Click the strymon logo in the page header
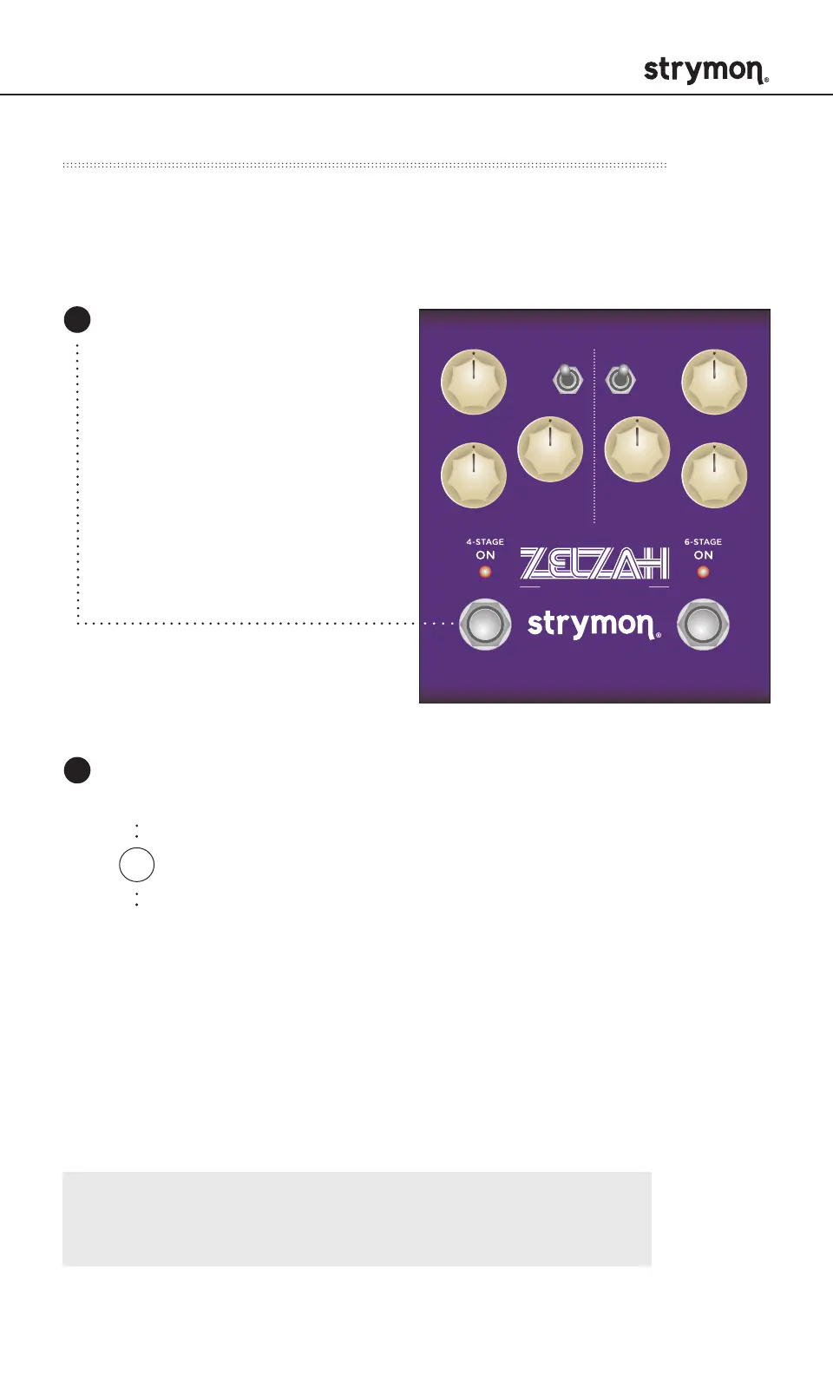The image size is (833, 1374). [705, 71]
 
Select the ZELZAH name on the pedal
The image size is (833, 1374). [594, 564]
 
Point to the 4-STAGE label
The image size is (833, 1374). [485, 541]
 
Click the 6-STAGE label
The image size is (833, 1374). [703, 541]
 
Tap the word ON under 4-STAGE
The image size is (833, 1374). [485, 555]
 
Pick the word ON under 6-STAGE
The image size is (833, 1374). [703, 555]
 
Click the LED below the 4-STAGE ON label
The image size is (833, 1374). [485, 572]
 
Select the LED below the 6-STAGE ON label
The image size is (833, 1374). [703, 572]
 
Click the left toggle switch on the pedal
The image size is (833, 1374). [567, 379]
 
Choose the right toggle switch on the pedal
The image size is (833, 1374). [620, 379]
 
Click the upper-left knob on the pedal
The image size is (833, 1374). [474, 383]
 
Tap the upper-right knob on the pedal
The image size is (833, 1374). [714, 383]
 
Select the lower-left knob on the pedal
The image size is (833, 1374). [474, 475]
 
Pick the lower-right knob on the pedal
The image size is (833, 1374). [714, 475]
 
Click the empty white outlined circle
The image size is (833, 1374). [136, 865]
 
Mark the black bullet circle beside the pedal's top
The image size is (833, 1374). [77, 319]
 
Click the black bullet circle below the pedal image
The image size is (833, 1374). [77, 770]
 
